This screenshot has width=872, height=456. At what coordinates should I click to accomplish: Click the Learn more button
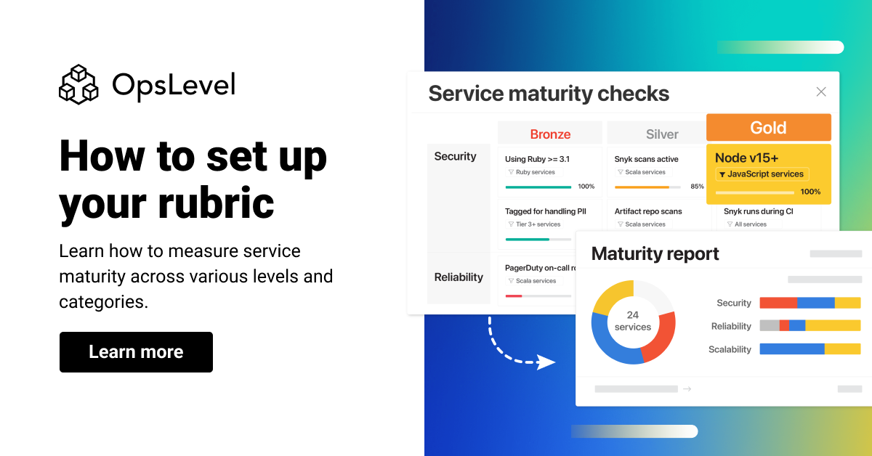coord(136,352)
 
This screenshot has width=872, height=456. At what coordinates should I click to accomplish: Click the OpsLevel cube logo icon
coord(78,84)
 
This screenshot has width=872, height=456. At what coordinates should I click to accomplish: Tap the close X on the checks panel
coord(821,91)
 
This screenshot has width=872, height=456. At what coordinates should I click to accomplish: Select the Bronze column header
coord(550,134)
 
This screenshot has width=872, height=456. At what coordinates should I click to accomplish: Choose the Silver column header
coord(662,134)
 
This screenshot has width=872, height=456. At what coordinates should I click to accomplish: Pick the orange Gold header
coord(768,128)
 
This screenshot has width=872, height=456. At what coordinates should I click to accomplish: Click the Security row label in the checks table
coord(455,156)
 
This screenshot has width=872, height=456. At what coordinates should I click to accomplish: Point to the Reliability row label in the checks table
coord(459,277)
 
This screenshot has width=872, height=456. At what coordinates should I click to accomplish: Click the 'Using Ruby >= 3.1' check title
coord(537,159)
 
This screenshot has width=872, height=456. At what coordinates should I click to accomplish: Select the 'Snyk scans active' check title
coord(646,159)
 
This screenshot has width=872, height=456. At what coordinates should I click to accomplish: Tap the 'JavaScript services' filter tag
coord(762,174)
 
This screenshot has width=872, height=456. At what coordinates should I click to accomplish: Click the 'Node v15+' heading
coord(746,158)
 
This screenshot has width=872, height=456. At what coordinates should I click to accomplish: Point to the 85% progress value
coord(697,187)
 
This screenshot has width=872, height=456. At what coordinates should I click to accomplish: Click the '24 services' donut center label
coord(633,321)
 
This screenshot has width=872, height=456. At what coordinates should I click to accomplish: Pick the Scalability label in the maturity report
coord(730,349)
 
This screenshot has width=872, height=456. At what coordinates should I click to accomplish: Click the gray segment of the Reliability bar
coord(769,326)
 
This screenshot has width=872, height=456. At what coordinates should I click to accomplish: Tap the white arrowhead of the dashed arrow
coord(546,362)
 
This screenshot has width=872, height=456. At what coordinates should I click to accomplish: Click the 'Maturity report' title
coord(655,253)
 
